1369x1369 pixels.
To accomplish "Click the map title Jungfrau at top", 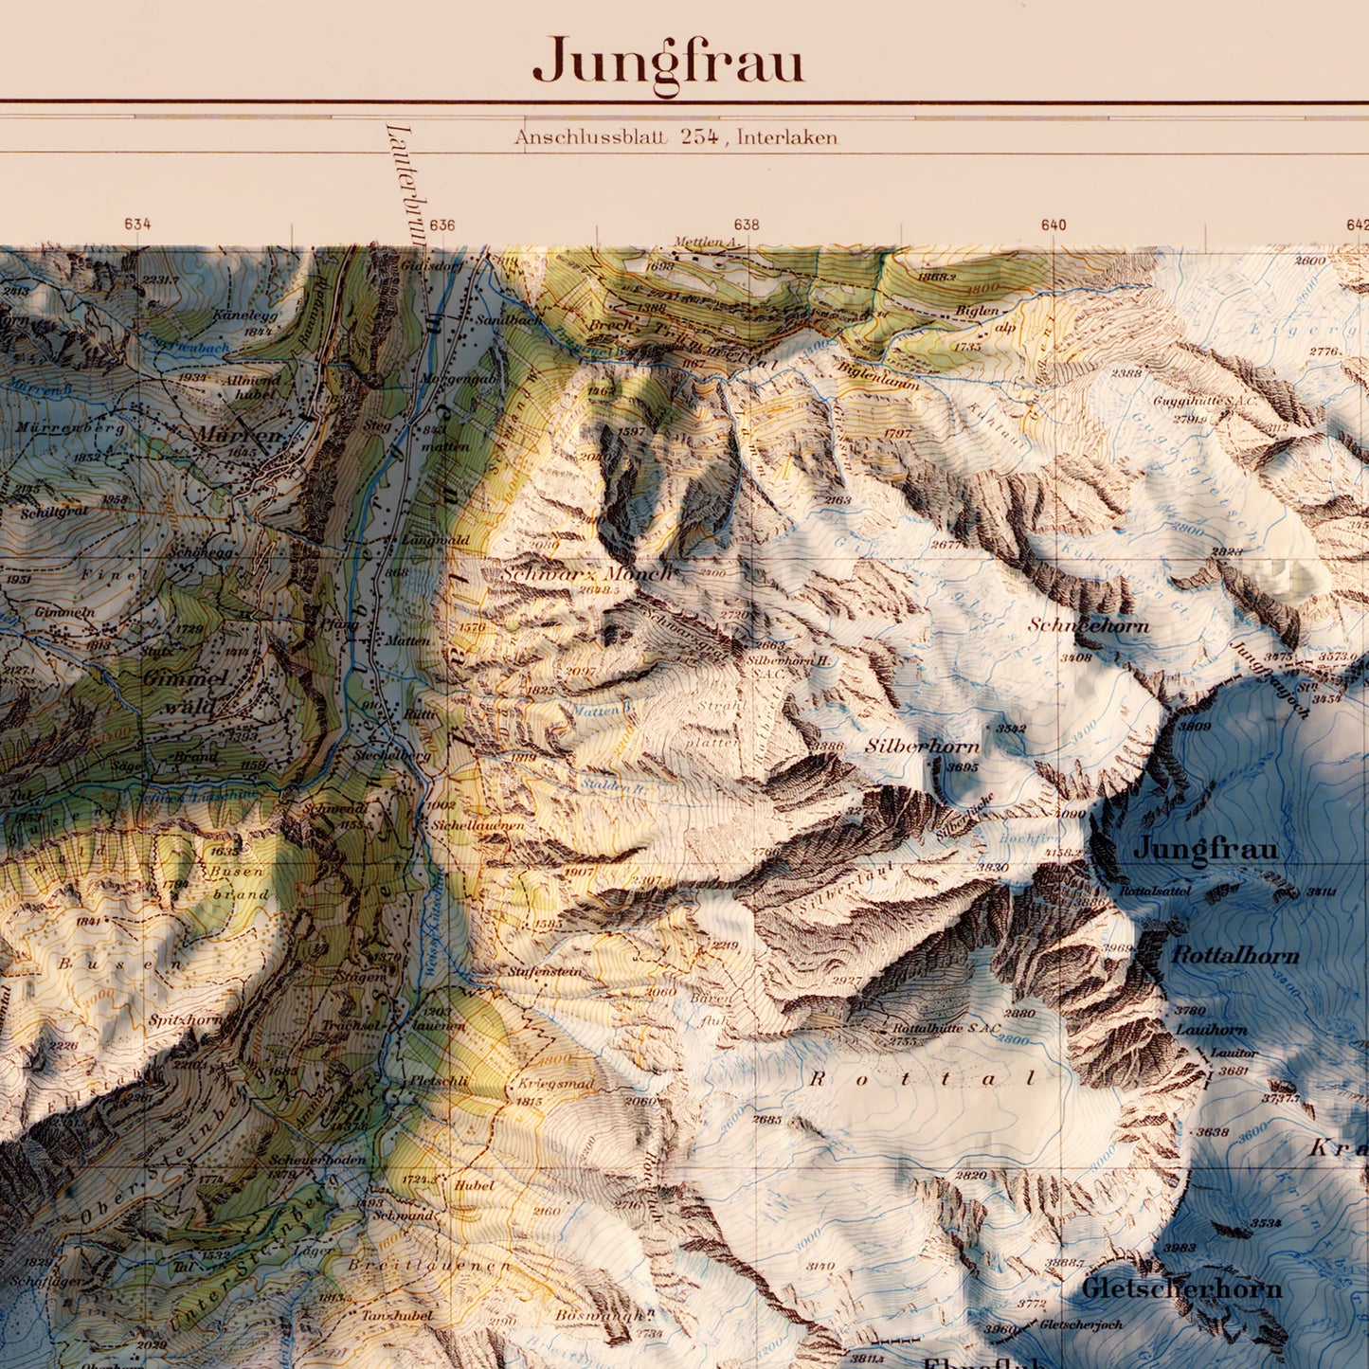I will [668, 63].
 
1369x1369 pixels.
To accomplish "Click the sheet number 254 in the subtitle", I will [699, 136].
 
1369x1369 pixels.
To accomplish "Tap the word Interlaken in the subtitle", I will [786, 137].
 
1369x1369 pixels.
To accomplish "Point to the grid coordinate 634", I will [137, 225].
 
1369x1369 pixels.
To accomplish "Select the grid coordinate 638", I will [747, 225].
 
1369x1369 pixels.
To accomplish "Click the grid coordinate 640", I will [1053, 225].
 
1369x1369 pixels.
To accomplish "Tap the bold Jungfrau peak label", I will [1205, 848].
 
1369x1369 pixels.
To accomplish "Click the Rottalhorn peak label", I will [1235, 955].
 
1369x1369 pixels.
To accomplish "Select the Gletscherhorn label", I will [1181, 1288].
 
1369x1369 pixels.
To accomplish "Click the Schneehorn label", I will [1089, 625].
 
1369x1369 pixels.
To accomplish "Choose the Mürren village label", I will [239, 435].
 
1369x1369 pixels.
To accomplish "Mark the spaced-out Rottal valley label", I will [923, 1079].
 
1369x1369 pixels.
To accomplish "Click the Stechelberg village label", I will [391, 757].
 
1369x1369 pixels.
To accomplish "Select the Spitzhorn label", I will [185, 1020].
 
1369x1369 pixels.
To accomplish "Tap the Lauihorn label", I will [1211, 1030].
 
